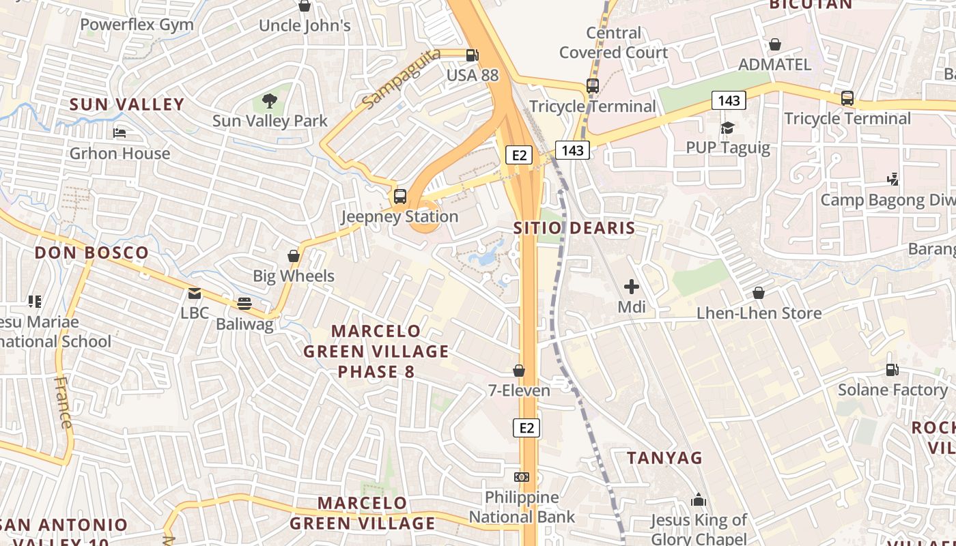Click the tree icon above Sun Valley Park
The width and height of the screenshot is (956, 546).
270,101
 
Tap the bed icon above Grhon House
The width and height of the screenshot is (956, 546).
119,133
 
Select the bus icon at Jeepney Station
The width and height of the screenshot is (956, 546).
400,197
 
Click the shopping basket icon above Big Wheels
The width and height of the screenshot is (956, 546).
294,256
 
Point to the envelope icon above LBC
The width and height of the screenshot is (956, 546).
195,293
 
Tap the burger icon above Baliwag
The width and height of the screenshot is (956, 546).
244,304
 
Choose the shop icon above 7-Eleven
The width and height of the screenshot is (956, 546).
519,371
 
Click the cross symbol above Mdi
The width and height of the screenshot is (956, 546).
632,287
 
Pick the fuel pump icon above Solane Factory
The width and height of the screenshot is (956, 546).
892,370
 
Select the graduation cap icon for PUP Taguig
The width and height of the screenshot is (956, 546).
727,128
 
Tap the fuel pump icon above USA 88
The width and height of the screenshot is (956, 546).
472,55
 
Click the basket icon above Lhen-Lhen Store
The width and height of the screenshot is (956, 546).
759,293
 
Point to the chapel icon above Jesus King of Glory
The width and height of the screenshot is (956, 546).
698,500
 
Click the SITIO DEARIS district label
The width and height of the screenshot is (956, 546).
574,228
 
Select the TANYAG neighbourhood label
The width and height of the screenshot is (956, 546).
664,457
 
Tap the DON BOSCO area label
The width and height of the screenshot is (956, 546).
92,253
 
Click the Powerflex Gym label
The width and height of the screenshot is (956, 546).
137,25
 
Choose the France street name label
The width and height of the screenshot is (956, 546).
63,403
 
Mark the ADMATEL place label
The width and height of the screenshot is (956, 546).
775,65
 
